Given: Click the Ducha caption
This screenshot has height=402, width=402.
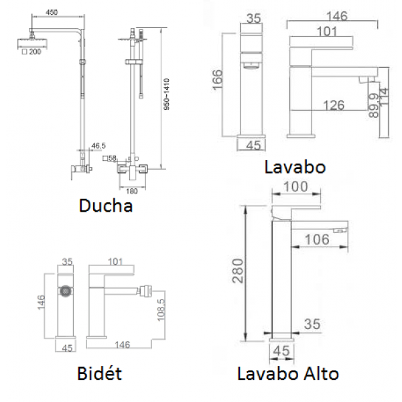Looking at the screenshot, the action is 106,206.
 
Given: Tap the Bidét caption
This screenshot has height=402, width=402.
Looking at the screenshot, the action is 99,373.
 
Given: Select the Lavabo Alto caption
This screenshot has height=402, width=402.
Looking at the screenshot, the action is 288,374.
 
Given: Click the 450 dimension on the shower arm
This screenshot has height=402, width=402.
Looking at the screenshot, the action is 52,12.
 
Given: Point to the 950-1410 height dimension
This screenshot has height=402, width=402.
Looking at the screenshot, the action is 167,94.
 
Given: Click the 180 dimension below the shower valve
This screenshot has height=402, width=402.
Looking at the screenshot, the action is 132,191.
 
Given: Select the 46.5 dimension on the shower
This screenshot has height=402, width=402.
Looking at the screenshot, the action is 98,146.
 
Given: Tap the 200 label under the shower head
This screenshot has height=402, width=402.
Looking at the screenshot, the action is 35,52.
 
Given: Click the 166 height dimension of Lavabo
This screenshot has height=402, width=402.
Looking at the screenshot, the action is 218,80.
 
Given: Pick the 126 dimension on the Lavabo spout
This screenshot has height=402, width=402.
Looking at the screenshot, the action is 334,105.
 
